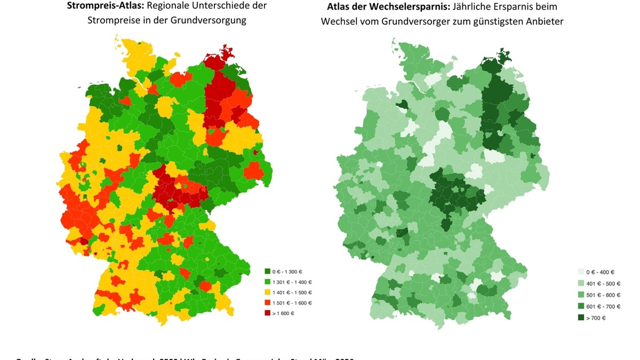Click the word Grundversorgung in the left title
pos(215,21)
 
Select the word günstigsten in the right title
pos(486,21)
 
